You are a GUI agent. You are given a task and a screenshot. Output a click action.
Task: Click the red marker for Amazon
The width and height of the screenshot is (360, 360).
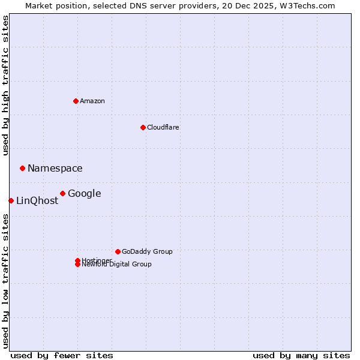(76, 101)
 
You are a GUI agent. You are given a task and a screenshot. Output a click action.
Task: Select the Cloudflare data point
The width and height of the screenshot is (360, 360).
(143, 127)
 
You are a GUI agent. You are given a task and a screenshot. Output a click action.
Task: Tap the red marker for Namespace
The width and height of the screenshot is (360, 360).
(22, 168)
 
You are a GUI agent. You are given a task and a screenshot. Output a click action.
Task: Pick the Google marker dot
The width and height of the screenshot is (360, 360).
(62, 193)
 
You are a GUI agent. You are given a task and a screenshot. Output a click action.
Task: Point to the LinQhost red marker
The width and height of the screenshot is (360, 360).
(11, 200)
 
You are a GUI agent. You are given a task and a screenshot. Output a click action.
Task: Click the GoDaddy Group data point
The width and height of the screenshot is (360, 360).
(118, 251)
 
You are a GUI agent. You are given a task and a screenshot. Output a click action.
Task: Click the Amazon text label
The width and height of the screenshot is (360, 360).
(92, 101)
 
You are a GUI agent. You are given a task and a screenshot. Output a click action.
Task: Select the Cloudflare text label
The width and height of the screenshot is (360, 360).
(163, 127)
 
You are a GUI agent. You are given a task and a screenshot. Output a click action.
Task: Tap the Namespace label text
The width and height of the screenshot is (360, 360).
(55, 169)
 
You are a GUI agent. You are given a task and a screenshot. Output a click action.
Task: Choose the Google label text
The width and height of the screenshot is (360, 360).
(85, 194)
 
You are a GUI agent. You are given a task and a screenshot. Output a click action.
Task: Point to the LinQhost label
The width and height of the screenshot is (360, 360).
(37, 201)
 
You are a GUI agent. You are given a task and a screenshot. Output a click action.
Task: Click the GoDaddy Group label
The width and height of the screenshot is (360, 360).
(147, 251)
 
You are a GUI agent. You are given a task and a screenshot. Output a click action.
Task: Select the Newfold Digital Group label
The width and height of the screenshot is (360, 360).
(117, 265)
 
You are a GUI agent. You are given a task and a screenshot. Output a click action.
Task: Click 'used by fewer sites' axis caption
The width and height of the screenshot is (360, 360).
(62, 355)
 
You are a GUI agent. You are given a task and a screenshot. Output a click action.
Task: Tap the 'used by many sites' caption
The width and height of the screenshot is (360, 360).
(301, 355)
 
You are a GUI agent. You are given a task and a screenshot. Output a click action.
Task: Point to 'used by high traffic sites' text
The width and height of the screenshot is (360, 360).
(6, 85)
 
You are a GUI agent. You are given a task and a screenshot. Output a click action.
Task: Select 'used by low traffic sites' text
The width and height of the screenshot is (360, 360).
(6, 281)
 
